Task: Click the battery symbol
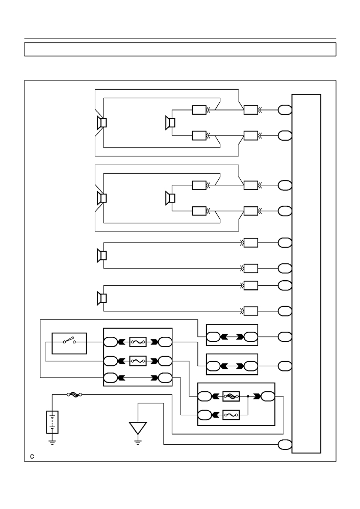tap(53, 422)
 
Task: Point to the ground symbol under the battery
tap(53, 442)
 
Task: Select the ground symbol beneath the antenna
tap(138, 442)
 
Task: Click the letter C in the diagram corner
tap(32, 457)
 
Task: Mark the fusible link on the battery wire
tap(74, 395)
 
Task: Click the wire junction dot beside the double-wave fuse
tap(248, 396)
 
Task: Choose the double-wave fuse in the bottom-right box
tap(231, 396)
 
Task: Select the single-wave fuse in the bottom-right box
tap(231, 415)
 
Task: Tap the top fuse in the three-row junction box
tap(138, 342)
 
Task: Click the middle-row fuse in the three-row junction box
tap(138, 361)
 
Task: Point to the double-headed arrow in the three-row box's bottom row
tap(138, 378)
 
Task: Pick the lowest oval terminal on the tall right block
tap(285, 444)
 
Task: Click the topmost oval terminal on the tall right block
tap(285, 110)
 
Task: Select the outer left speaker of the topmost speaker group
tap(101, 123)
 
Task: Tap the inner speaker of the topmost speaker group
tap(170, 123)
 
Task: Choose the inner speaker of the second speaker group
tap(170, 198)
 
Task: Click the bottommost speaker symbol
tap(101, 298)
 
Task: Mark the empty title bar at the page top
tap(180, 49)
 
